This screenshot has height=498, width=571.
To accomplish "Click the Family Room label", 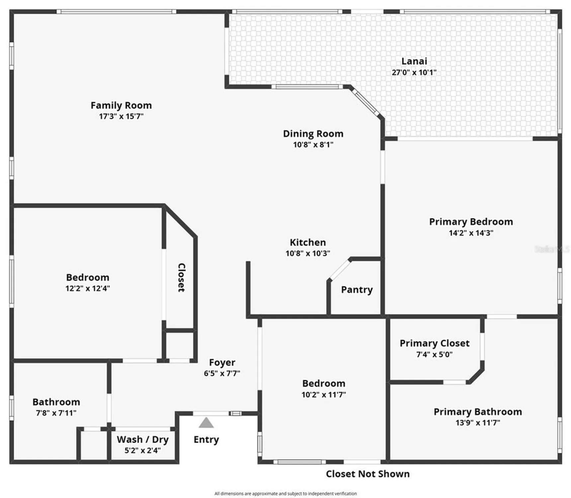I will (x=121, y=105).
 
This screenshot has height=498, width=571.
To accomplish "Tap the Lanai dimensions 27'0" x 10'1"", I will (x=414, y=72).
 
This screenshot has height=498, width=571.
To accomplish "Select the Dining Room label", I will (x=313, y=133).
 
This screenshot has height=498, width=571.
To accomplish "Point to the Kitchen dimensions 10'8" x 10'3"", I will (x=308, y=253).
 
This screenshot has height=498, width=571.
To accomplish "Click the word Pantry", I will (x=357, y=290).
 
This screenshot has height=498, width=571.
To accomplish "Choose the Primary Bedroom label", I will (x=471, y=221).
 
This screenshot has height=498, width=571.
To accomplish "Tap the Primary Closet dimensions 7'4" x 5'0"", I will (x=434, y=354).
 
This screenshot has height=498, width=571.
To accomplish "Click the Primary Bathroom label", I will (x=478, y=412).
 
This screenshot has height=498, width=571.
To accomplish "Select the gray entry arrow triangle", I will (x=206, y=423).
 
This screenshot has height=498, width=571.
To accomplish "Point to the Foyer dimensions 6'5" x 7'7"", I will (x=222, y=373).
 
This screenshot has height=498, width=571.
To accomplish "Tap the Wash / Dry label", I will (x=143, y=439).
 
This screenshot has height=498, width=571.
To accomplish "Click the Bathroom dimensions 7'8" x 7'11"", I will (x=56, y=413).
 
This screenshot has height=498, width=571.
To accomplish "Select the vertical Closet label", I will (x=181, y=278).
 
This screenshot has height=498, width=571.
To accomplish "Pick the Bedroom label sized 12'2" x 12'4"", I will (x=88, y=277).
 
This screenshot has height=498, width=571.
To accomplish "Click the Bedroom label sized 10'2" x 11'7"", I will (x=324, y=383).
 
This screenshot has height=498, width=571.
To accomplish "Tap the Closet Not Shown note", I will (x=367, y=474).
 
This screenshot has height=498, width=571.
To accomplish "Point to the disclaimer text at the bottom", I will (x=285, y=494).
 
